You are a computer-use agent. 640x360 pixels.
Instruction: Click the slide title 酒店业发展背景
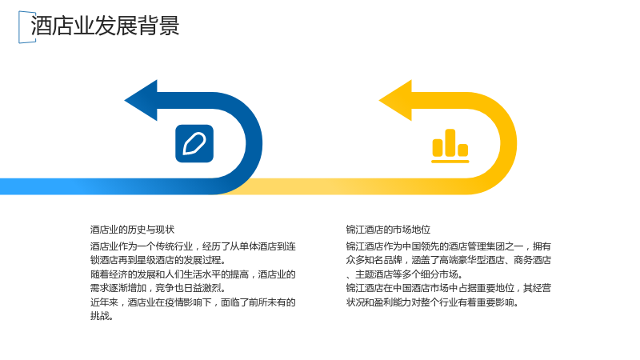tap(105, 26)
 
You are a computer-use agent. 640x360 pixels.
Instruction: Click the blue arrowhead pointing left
tap(141, 101)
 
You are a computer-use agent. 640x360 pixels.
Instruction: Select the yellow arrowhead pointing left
tap(395, 101)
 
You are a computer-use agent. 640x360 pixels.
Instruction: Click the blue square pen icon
tap(194, 144)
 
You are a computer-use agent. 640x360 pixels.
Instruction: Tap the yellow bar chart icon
tap(450, 146)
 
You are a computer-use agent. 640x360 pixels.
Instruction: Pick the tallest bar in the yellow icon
tap(450, 143)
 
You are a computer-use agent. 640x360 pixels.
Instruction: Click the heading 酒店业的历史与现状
tap(132, 230)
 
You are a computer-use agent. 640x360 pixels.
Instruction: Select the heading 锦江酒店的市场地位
tap(388, 230)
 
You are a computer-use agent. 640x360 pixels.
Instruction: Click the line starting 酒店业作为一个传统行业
tap(193, 246)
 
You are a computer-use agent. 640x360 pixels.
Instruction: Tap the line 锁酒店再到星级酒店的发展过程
tap(158, 261)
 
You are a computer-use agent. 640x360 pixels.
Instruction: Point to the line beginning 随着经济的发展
tap(193, 274)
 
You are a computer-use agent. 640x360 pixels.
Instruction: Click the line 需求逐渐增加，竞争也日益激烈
tap(158, 288)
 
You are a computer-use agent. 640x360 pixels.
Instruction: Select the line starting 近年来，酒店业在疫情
tap(193, 302)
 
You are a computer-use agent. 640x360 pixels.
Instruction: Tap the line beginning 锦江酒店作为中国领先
tap(449, 246)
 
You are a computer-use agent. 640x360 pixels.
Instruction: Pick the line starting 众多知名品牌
tap(449, 261)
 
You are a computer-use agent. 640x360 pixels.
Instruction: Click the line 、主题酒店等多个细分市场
tap(405, 274)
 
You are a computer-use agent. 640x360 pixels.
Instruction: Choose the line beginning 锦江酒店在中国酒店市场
tap(449, 288)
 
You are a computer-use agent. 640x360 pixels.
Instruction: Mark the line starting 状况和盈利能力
tap(433, 302)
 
